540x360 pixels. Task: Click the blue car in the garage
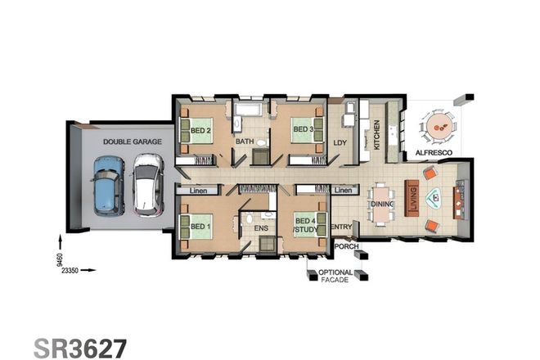coord(108,187)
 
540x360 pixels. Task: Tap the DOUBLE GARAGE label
coord(132,142)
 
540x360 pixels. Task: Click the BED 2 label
coord(201,130)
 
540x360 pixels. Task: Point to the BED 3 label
coord(304,129)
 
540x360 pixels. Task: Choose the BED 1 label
coord(201,227)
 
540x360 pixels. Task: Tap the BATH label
coord(245,142)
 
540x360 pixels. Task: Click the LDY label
coord(340,142)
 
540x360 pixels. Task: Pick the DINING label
coord(383,204)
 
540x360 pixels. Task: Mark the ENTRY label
coord(341,227)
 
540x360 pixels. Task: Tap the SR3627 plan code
coord(81,347)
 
